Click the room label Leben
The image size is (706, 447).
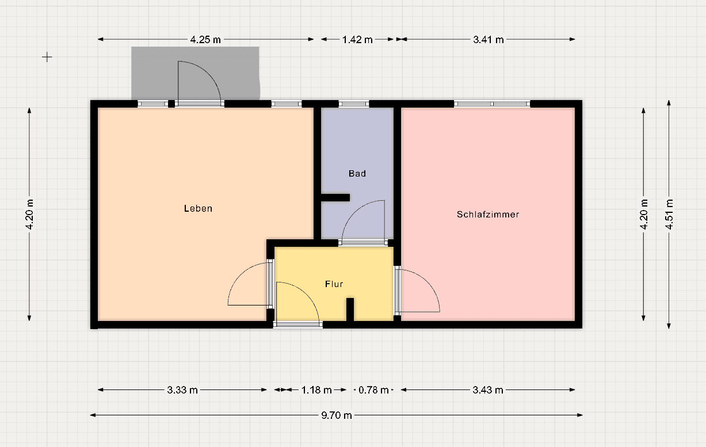pos(198,208)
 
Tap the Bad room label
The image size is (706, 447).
pos(357,173)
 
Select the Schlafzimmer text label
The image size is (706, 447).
pos(488,214)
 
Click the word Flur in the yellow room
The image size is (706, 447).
pos(334,284)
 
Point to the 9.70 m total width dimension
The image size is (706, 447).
pos(337,415)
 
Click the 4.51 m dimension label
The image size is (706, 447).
pos(669,214)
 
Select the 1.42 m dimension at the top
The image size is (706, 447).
pos(357,40)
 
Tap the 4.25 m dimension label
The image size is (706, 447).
pos(205,40)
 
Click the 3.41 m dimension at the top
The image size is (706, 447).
pos(488,40)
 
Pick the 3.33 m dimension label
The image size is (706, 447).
pos(182,389)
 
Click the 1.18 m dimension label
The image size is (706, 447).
pos(316,389)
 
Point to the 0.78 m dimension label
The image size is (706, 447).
pos(373,389)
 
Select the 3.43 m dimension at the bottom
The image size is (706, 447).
pos(488,389)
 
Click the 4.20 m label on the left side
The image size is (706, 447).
pos(30,214)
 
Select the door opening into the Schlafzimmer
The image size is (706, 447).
pos(419,291)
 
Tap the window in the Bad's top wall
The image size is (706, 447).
pos(353,104)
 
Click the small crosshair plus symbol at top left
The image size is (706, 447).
pos(47,57)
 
